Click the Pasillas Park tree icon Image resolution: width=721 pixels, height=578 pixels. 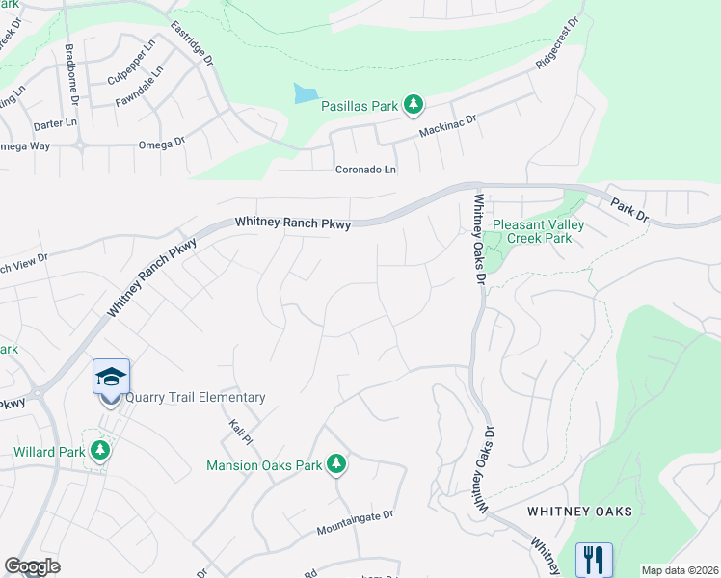pos(413,104)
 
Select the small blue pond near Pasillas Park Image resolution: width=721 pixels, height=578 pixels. pos(306,93)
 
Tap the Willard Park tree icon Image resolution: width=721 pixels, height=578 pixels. pos(98,450)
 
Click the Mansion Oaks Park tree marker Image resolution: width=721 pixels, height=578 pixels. pos(336,464)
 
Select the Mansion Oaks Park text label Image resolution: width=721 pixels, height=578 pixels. pos(264,465)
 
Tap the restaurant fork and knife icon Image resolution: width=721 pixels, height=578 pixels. pos(594,559)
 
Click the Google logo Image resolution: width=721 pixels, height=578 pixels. pos(33,566)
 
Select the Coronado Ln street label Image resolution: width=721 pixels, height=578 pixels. pos(366,170)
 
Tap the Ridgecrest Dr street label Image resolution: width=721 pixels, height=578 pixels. pos(560,42)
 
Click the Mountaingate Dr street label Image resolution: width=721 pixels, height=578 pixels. pos(355,523)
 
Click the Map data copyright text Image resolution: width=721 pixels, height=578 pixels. pos(679,570)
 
